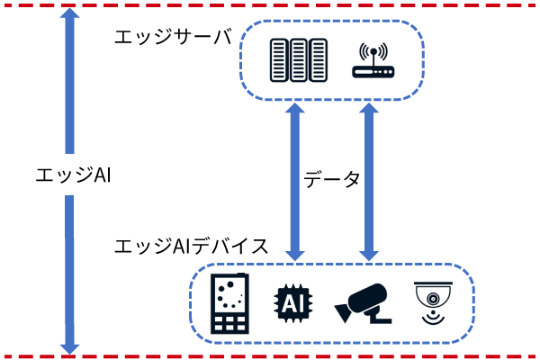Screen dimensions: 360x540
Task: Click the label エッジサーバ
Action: point(172,38)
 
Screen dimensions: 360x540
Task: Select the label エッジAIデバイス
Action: point(191,246)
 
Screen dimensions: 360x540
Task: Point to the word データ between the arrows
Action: point(331,178)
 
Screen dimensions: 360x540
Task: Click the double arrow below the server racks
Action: point(293,180)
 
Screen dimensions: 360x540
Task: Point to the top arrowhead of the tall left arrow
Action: point(68,18)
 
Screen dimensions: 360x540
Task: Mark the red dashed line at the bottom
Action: point(270,355)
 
